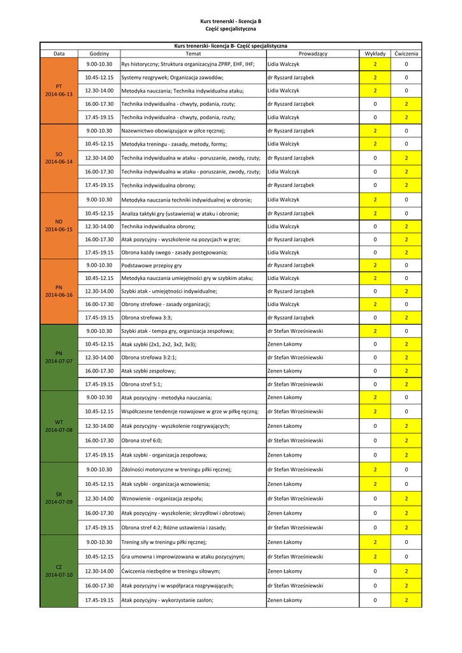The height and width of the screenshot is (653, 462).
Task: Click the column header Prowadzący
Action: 312,54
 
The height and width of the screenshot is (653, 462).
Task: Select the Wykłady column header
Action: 375,54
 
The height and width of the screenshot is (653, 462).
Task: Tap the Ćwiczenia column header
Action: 406,54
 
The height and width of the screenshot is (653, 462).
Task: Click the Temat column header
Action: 192,54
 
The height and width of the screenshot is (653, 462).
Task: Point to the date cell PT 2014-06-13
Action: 59,91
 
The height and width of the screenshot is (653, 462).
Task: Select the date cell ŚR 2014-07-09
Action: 59,499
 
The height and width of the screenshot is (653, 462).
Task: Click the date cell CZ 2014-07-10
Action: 59,571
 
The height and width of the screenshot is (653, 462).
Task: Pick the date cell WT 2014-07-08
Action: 59,426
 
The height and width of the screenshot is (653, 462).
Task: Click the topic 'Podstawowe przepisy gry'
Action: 152,265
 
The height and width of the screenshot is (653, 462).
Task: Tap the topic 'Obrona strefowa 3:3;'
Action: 147,318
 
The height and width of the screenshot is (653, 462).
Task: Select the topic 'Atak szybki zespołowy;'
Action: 148,371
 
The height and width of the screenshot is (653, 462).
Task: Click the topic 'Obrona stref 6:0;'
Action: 142,441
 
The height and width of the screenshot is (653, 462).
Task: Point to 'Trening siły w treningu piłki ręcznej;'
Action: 164,543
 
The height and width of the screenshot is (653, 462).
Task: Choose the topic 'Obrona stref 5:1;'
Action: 142,385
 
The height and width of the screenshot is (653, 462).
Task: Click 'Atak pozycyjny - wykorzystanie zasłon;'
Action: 167,601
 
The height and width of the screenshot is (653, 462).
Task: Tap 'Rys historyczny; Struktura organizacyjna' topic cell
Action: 188,64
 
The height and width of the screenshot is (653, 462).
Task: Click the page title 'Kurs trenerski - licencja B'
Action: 231,21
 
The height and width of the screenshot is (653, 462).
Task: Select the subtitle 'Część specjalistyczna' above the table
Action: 231,29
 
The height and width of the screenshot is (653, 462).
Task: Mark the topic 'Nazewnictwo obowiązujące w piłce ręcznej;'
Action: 173,131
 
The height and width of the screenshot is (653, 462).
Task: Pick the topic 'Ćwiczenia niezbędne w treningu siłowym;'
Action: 171,571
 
